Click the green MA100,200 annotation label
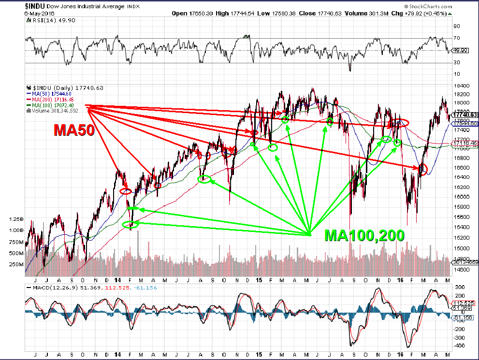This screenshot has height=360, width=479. coord(364,235)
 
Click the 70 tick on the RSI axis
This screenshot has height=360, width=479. coord(456,38)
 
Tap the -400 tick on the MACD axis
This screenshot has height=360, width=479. coord(459,346)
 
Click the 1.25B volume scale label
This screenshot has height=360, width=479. coord(16,219)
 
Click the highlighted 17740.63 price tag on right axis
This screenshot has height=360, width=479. coord(464,115)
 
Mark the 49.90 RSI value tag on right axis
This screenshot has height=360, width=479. coord(459,50)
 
